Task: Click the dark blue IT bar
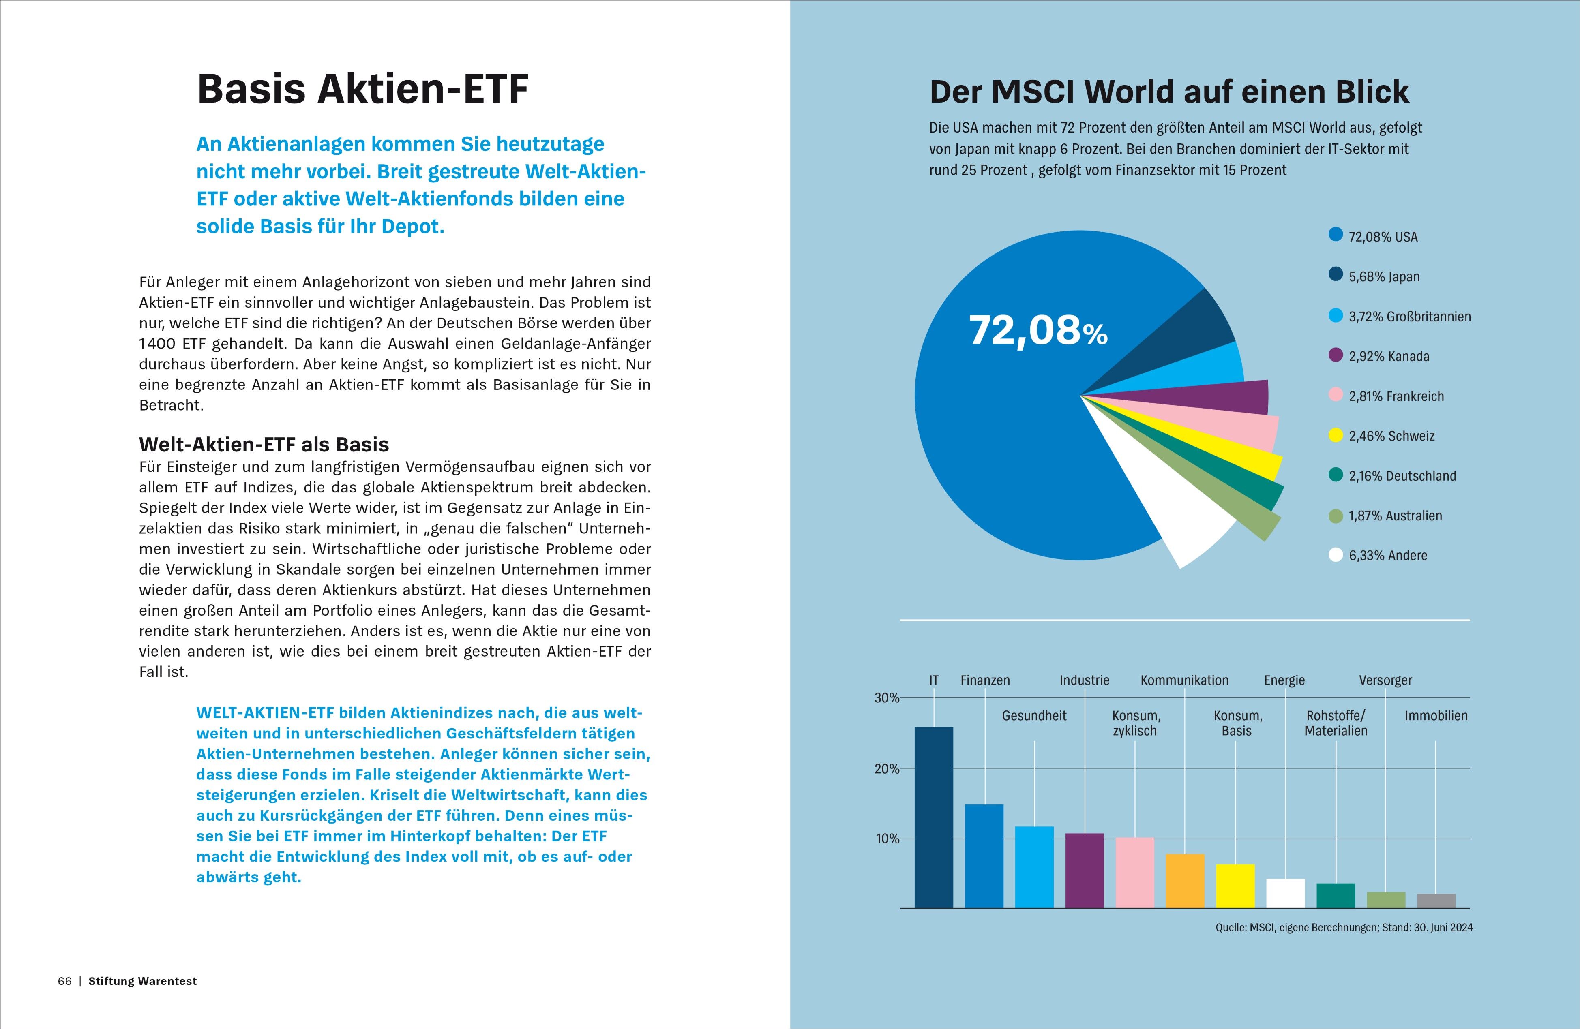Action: [933, 817]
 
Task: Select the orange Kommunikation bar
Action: [1185, 881]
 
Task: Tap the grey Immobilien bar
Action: [1436, 901]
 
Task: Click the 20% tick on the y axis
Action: [886, 769]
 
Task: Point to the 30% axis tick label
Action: [886, 698]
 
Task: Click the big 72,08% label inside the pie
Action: [1038, 330]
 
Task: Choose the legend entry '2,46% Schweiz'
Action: [1391, 436]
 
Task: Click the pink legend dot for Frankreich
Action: [1336, 396]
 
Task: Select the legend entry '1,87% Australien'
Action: [1395, 516]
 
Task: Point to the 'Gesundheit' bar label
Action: [1033, 716]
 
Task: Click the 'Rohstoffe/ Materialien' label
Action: [1336, 723]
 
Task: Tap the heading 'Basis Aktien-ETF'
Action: [362, 89]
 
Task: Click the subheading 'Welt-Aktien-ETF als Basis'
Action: [264, 445]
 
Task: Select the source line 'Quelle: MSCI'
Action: [1344, 928]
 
